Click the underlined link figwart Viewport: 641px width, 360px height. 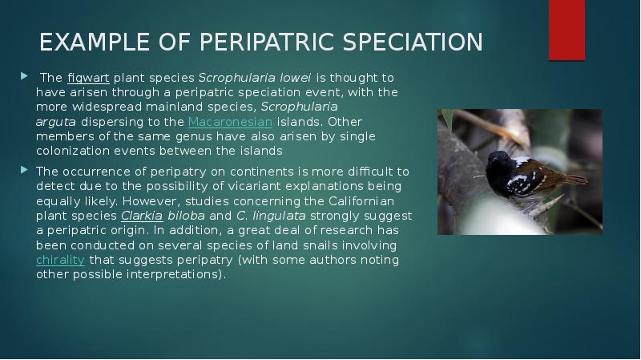click(x=88, y=78)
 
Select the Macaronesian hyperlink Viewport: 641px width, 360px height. click(x=230, y=122)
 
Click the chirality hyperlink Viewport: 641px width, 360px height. click(x=60, y=260)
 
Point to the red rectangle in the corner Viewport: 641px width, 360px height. click(x=566, y=30)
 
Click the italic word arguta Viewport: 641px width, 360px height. click(x=56, y=122)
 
